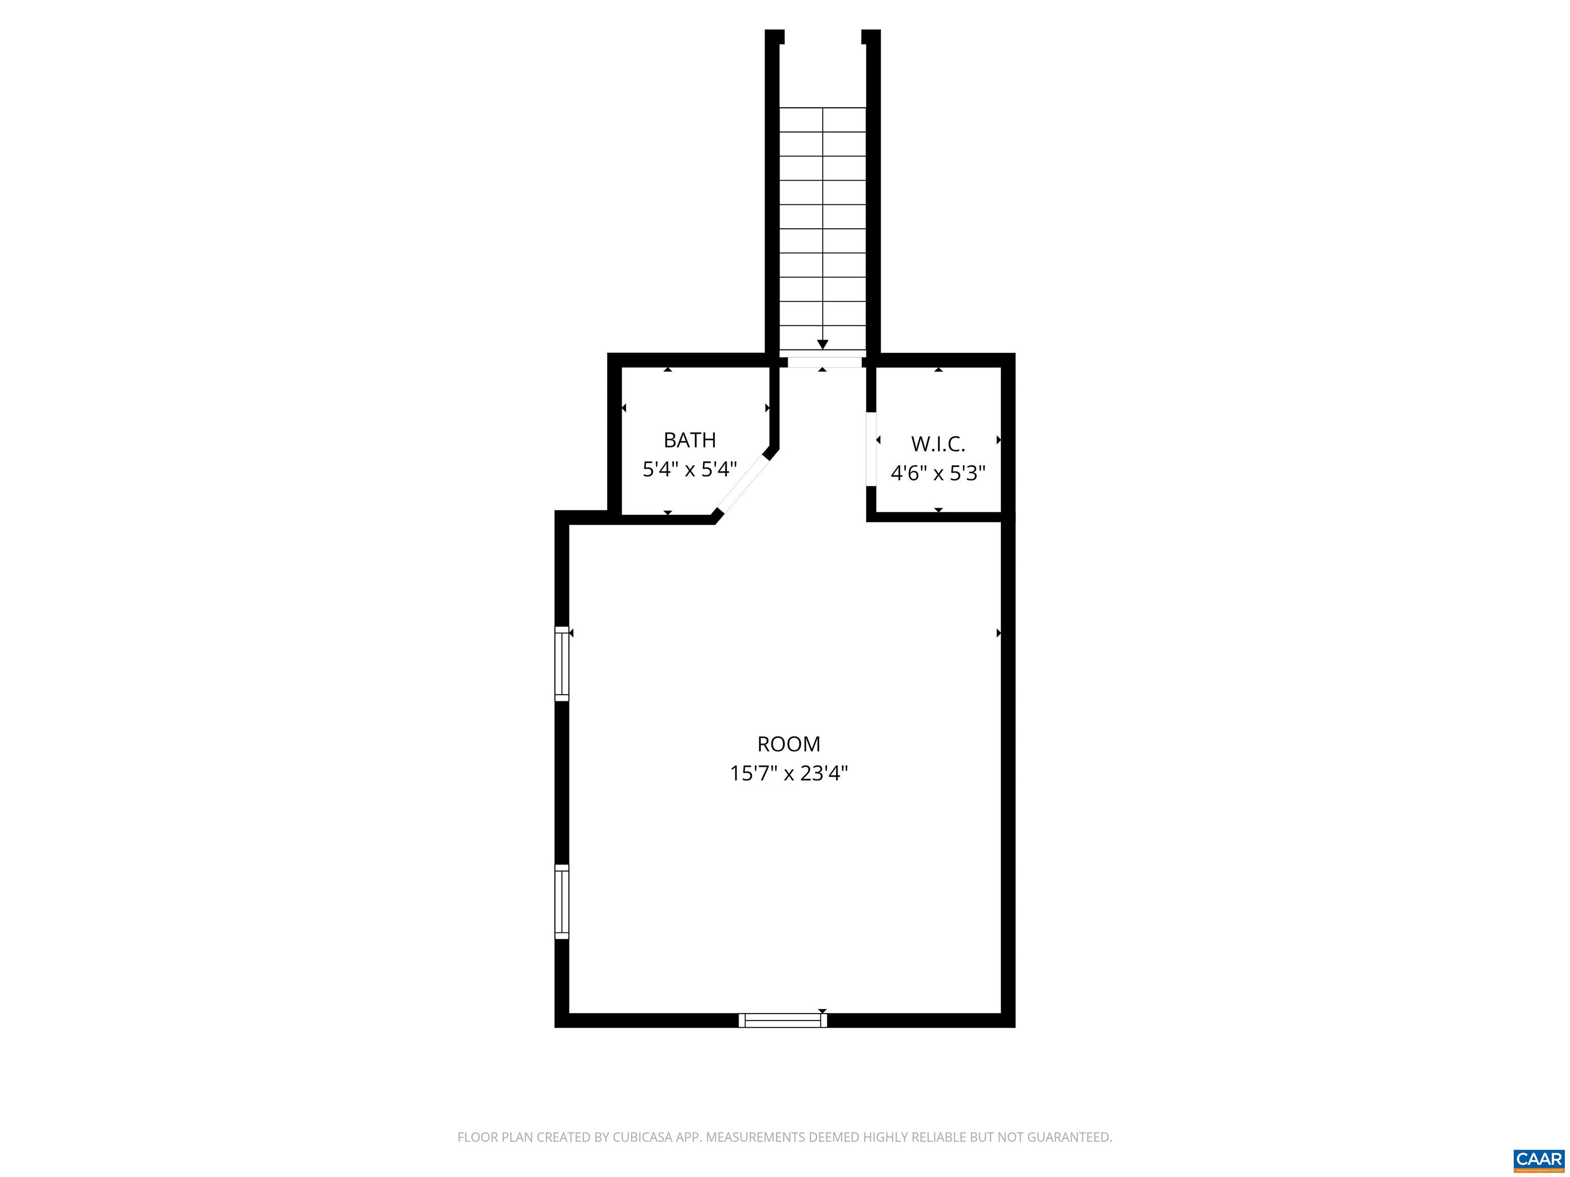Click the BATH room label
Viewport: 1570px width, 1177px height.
(x=689, y=440)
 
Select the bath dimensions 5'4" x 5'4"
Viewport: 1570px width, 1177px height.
(x=689, y=469)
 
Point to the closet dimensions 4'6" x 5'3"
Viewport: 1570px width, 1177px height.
(x=938, y=473)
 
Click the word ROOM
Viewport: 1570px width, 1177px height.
(x=789, y=744)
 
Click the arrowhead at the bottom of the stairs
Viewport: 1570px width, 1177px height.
(x=823, y=345)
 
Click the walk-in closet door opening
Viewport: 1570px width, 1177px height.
(x=871, y=449)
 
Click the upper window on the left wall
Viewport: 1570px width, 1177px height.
(x=562, y=664)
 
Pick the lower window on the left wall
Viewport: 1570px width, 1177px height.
(x=562, y=902)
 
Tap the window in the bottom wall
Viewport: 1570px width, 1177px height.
(x=783, y=1020)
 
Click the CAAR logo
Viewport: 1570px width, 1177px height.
(x=1538, y=1159)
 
